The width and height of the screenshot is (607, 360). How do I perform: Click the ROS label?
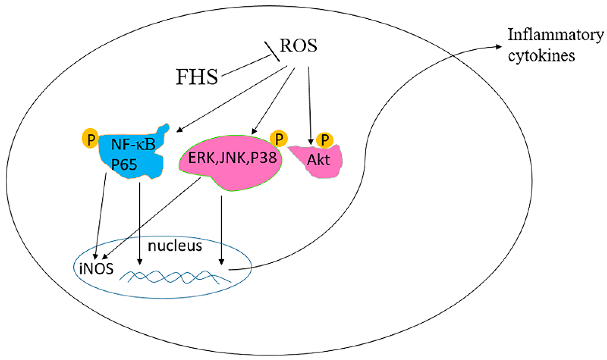(298, 46)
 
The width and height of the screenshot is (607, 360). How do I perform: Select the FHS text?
(197, 77)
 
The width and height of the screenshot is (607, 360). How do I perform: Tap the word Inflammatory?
(556, 35)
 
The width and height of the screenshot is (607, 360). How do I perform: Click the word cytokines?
(541, 56)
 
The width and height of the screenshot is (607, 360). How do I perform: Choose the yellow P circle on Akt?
(325, 140)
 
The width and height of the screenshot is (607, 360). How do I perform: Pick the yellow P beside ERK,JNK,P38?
(279, 138)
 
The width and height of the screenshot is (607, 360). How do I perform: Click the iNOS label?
(96, 269)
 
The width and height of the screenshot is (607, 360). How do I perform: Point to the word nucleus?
(175, 246)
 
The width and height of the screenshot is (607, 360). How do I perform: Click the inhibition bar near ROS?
(272, 51)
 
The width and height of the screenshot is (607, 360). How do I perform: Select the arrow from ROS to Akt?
(309, 105)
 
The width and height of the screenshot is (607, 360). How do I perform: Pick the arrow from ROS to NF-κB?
(233, 99)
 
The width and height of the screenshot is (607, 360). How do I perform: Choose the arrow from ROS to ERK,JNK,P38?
(274, 100)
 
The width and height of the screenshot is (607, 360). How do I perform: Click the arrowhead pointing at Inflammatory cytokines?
(498, 47)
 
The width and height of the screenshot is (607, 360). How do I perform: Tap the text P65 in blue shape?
(124, 164)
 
